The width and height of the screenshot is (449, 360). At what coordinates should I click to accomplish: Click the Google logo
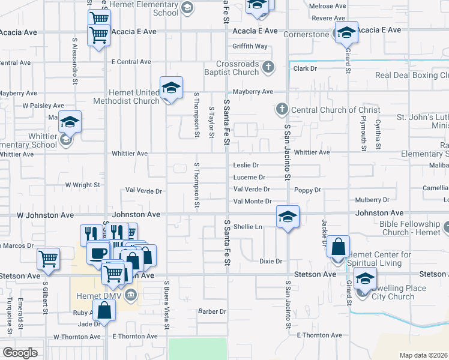click(20, 353)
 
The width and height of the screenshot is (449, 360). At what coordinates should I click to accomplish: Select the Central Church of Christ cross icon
click(282, 110)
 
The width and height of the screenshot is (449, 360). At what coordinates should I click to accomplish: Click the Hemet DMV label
click(101, 295)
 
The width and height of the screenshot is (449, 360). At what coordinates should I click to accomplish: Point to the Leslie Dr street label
click(246, 165)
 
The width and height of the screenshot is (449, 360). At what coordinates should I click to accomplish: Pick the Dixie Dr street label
click(270, 261)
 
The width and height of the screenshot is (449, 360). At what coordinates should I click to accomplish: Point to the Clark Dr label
click(305, 68)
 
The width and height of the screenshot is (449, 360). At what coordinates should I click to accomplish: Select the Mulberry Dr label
click(372, 199)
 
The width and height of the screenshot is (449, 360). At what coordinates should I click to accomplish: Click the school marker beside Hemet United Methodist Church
click(171, 88)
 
